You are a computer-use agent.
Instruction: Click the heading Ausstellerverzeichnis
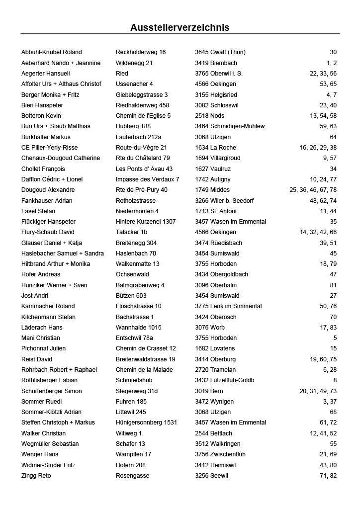click(180, 27)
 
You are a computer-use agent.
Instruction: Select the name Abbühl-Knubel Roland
click(52, 52)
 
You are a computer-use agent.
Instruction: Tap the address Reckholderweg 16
click(141, 52)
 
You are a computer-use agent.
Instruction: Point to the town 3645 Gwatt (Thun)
click(220, 52)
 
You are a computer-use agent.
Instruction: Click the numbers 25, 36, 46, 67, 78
click(313, 190)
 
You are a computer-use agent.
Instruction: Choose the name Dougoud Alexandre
click(48, 190)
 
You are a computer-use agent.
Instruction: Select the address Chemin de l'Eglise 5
click(143, 116)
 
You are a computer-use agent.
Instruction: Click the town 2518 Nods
click(209, 116)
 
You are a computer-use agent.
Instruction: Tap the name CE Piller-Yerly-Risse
click(50, 148)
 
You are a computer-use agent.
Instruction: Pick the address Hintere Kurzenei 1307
click(146, 222)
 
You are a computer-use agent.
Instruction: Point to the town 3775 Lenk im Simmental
click(228, 306)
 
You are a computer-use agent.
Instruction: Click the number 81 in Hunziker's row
click(333, 285)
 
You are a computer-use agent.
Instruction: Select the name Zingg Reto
click(36, 476)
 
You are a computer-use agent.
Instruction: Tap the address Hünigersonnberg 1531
click(146, 423)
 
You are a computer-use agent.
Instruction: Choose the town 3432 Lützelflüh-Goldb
click(225, 380)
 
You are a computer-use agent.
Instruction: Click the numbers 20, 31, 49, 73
click(318, 391)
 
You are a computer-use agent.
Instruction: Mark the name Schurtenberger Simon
click(52, 391)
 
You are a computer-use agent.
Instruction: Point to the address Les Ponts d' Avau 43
click(144, 169)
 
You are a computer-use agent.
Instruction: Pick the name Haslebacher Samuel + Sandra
click(63, 254)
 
